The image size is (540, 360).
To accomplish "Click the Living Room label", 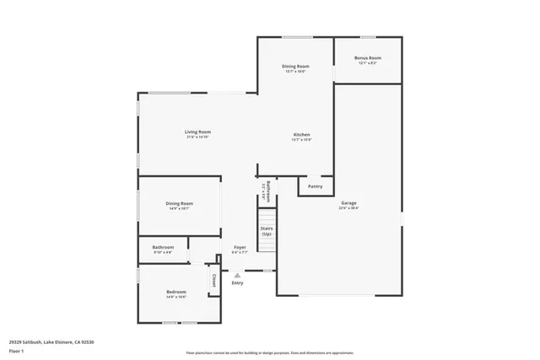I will point(198,132).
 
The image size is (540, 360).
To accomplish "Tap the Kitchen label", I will point(302,135).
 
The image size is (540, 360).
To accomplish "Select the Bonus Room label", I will point(367,57).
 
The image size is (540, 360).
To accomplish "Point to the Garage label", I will point(348,203).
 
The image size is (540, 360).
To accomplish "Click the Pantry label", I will point(315,186).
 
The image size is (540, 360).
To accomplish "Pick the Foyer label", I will point(240,247).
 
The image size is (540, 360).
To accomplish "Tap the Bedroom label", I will point(175,292).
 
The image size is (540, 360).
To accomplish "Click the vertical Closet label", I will point(214,280).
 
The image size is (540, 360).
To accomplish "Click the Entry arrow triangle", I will point(237,274).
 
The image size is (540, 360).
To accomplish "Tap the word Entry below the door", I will point(237,282).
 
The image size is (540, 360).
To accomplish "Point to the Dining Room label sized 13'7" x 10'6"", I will point(294,66).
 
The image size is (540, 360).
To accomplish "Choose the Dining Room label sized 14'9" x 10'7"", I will point(179,203).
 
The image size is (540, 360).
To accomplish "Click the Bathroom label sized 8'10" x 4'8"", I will point(163,247).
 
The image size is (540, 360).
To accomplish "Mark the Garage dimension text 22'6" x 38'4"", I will point(348,208).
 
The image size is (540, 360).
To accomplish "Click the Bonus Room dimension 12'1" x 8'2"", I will point(367,62).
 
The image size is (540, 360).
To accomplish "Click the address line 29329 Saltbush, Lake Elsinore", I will point(51,341).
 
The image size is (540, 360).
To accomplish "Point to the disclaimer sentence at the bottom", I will point(269,353).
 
